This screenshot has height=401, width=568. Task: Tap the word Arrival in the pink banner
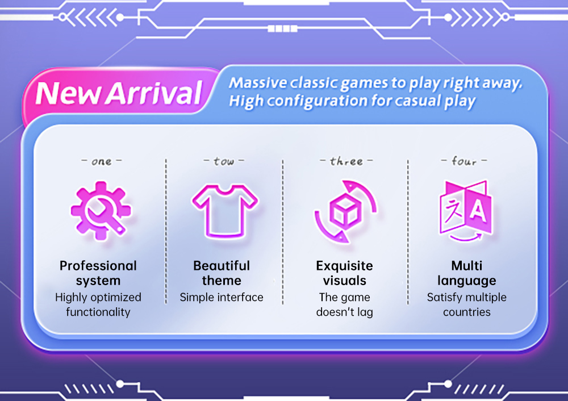coord(153,94)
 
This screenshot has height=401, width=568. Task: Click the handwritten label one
coord(101,161)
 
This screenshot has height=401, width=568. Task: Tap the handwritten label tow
coord(224,161)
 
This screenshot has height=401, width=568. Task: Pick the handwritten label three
coord(345,161)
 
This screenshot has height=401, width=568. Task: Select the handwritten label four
coord(463,161)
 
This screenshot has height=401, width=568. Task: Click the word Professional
coord(98,266)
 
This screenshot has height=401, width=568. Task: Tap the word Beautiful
coord(222,266)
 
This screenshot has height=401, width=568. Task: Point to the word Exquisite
coord(344,266)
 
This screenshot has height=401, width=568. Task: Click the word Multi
coord(466,266)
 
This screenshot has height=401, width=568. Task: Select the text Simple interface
coord(222,297)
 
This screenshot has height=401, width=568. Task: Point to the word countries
coord(466,312)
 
